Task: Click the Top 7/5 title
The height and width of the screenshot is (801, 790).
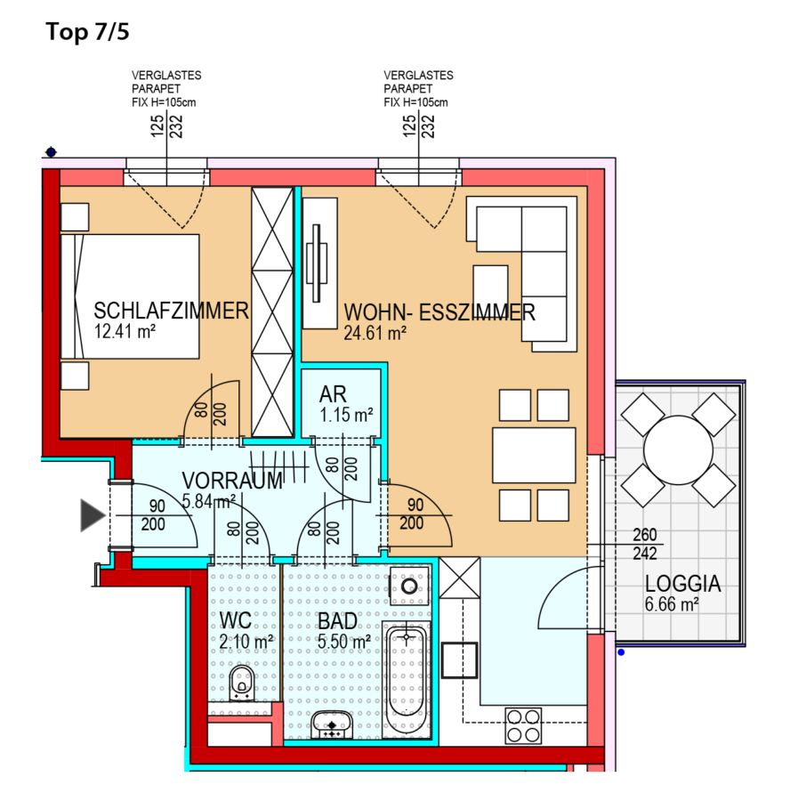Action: pos(87,32)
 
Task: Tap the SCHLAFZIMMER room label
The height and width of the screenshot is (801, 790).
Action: pos(171,311)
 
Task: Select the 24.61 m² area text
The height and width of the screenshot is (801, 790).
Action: pos(375,333)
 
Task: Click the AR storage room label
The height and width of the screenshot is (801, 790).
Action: pos(333,394)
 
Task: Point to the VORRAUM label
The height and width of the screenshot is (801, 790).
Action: pos(232,481)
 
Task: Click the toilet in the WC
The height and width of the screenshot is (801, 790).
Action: pos(242,683)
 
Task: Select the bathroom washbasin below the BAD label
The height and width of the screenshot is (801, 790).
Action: pos(332,724)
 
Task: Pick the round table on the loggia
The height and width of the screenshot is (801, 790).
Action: pos(678,450)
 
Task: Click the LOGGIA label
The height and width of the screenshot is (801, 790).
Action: pos(682,583)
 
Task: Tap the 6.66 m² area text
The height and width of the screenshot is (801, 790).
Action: pos(672,604)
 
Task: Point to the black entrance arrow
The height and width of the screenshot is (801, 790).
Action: pos(93,515)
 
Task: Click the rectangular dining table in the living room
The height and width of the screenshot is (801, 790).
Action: pos(534,455)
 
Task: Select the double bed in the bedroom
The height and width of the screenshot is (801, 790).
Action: pos(130,296)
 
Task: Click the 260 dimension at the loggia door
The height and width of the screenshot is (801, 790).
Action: pos(644,535)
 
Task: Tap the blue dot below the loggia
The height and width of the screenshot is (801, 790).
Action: pos(621,652)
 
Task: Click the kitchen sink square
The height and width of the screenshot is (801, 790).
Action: pos(459,660)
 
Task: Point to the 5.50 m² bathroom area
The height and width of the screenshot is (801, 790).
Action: pos(344,642)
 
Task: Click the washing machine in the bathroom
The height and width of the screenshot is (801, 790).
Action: pos(409,586)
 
